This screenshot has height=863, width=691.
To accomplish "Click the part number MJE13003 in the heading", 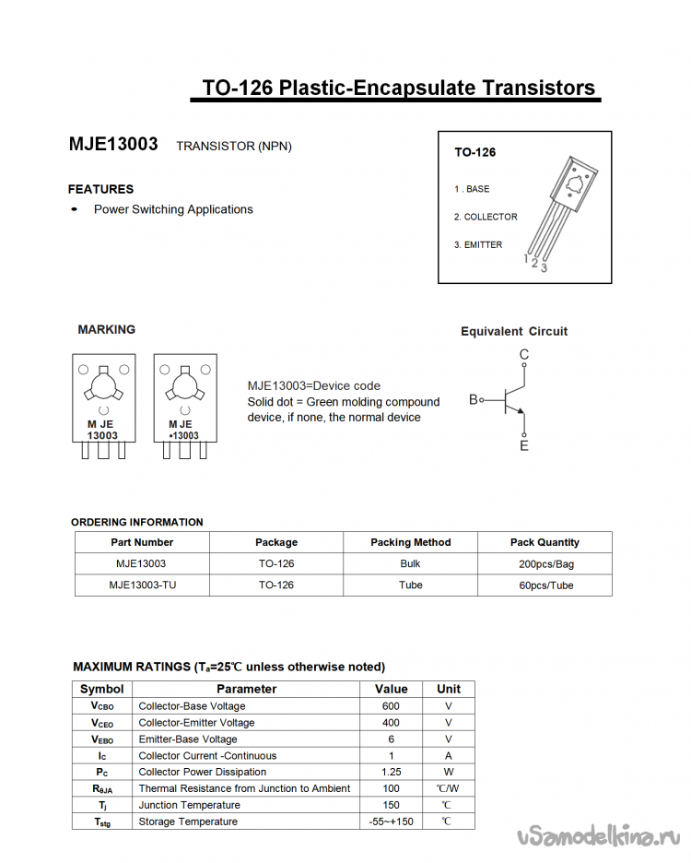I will coord(113,145).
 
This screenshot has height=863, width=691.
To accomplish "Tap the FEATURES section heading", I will coord(100,189).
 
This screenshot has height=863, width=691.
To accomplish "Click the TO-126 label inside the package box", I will coord(474,152).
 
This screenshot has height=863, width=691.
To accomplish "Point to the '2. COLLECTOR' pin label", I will coord(486,217).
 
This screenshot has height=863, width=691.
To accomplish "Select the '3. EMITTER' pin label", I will coord(478,244).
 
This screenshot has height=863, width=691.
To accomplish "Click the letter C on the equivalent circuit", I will coord(524,355).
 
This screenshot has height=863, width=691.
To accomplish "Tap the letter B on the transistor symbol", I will coord(474,399).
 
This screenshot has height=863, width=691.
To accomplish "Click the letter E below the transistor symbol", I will coord(524,445).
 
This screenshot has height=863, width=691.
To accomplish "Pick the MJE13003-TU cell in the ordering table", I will coord(142,585).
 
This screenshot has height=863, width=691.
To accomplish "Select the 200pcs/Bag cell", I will coord(545,563).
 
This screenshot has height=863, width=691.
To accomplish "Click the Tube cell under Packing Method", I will coord(410,585).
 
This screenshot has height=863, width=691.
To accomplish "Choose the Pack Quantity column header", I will coord(545,542).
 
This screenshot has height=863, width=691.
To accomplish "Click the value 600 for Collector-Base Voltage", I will coord(391,706).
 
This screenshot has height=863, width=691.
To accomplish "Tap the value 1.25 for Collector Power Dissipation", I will coord(391,772).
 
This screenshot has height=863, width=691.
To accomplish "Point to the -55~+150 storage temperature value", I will coord(391,822).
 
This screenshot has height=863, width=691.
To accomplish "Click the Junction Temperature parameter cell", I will coord(189,805).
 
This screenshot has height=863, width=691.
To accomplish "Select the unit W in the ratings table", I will coord(449,772).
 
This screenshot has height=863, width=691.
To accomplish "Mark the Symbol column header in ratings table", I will coord(102,689).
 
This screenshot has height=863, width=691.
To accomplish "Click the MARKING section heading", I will coord(106,329).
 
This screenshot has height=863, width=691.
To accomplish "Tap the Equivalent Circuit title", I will coord(514,331).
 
